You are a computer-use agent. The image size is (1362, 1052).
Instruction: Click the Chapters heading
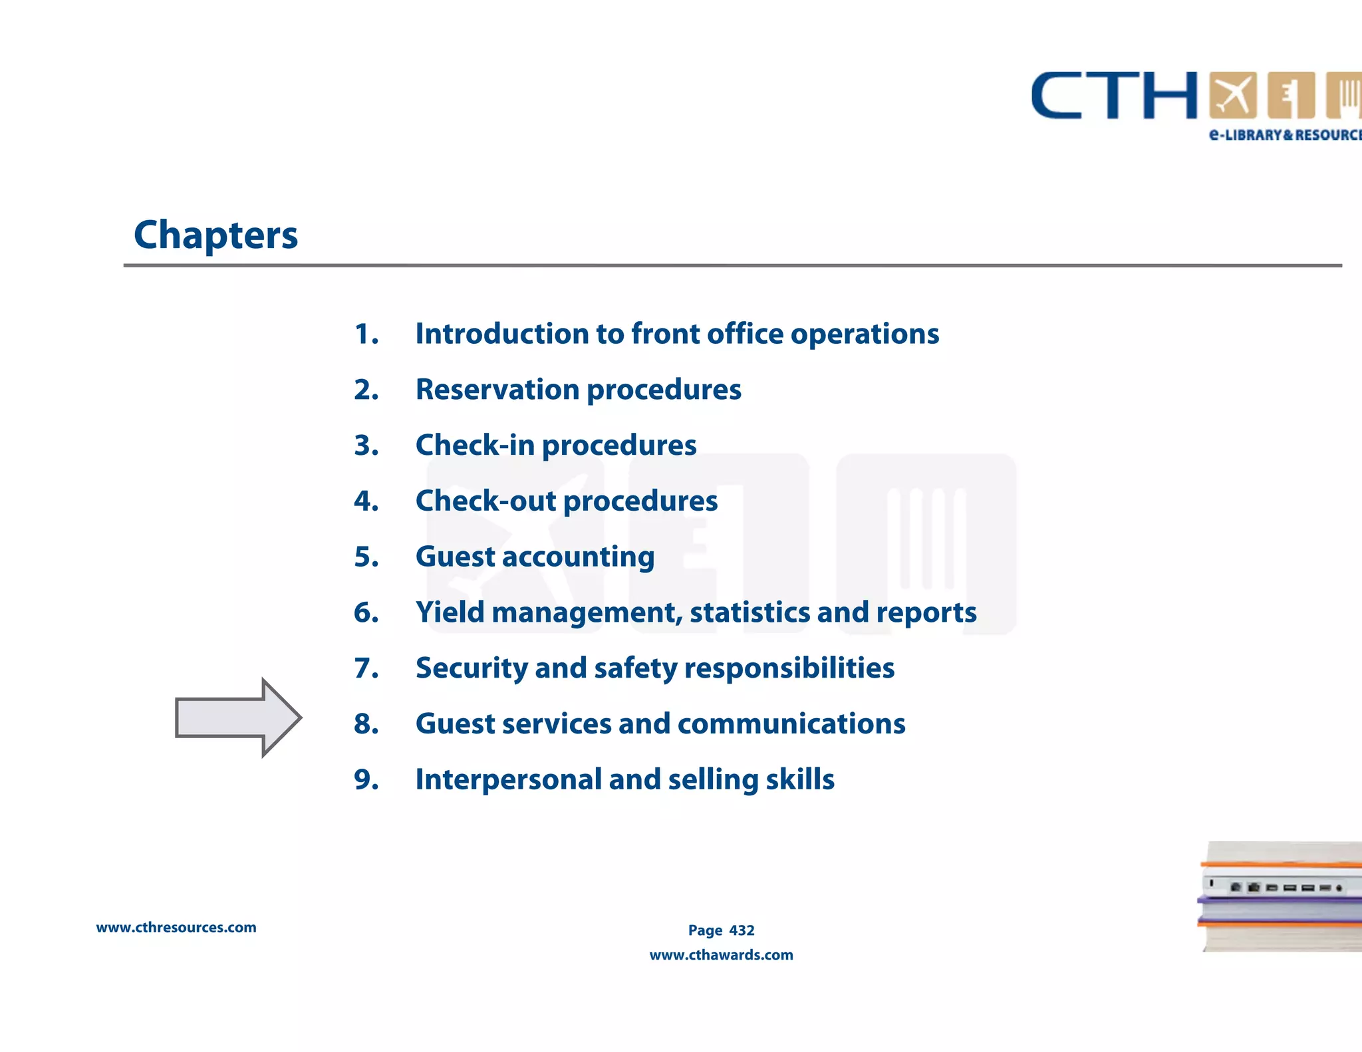(215, 235)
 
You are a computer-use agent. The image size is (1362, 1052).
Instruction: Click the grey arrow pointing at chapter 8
(236, 718)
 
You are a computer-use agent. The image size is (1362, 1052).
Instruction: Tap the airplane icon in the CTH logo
(1232, 95)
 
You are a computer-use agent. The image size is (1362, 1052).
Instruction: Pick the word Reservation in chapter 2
(497, 390)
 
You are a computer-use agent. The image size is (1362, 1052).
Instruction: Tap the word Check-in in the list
(475, 446)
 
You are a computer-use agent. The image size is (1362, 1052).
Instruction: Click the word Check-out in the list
(485, 501)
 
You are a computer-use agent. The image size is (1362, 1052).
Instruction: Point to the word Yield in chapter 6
(450, 612)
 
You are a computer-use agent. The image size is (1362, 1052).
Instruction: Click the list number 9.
(366, 779)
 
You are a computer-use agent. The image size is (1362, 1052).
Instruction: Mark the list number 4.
(366, 501)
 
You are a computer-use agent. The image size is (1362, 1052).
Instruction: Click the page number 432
(742, 930)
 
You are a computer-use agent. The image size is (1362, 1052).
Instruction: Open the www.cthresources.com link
(176, 928)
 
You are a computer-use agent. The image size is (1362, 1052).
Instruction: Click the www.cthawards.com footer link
(721, 955)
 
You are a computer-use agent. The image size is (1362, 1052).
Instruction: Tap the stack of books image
(1280, 896)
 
